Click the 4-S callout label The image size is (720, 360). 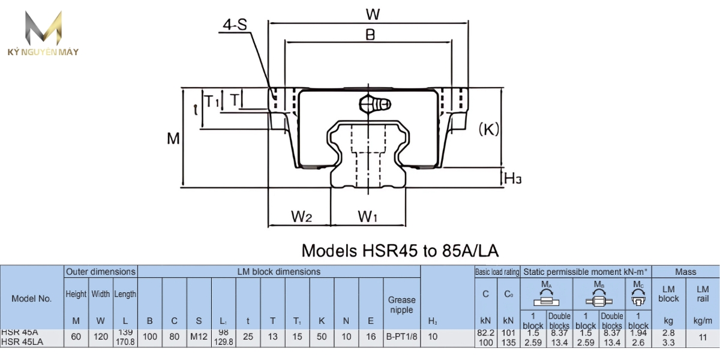point(235,25)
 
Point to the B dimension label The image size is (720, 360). point(370,35)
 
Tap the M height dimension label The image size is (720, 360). point(173,139)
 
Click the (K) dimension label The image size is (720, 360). point(489,129)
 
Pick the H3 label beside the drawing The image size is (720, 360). point(512,178)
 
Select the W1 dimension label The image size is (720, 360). point(367,217)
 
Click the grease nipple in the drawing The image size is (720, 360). point(374,104)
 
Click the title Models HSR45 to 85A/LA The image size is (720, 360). point(400,250)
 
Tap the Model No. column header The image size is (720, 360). point(32,298)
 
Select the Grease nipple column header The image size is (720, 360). point(401,304)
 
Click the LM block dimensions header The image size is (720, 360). point(279,272)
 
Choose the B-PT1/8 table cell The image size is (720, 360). point(401,337)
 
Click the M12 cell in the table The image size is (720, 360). point(199,337)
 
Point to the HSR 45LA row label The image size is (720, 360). point(20,341)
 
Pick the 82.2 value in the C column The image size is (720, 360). point(485,332)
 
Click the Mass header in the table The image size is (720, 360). point(685,272)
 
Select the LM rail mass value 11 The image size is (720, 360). point(702,337)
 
